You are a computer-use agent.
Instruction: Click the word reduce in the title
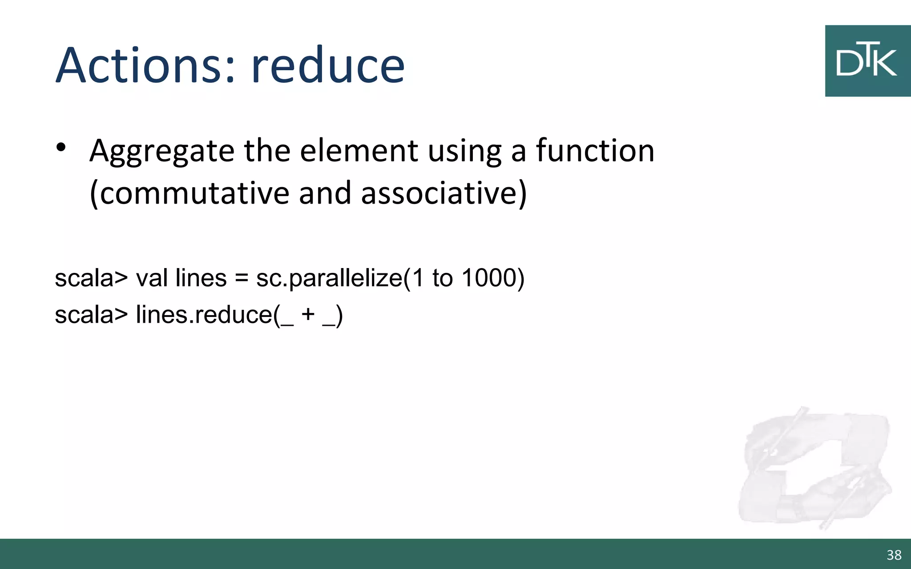click(x=328, y=65)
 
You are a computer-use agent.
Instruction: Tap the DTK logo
click(x=867, y=61)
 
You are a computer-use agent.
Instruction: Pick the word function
click(x=595, y=151)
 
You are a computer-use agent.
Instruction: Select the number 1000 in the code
click(x=492, y=278)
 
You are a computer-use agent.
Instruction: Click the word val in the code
click(x=153, y=278)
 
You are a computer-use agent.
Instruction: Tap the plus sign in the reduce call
click(x=308, y=315)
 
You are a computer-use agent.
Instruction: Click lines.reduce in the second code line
click(x=204, y=315)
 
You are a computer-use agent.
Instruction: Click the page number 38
click(x=894, y=555)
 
